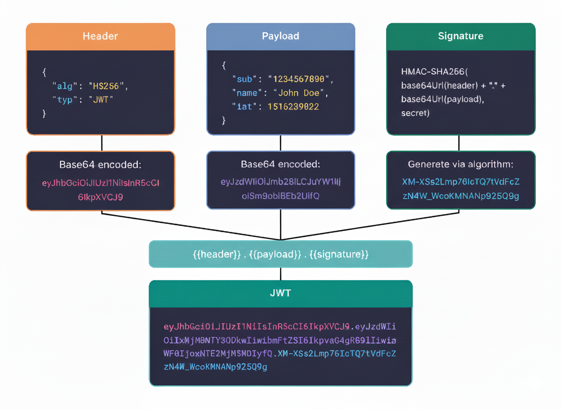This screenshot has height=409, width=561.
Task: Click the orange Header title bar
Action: (100, 36)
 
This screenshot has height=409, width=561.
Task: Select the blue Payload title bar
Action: (280, 36)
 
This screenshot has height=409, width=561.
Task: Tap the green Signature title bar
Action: (461, 36)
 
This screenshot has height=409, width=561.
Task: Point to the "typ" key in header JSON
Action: (64, 100)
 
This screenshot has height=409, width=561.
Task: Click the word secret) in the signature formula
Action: (415, 113)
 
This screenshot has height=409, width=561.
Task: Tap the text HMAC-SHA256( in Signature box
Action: (434, 72)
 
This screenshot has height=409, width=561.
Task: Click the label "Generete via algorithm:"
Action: (461, 164)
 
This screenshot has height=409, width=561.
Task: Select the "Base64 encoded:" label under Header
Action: (100, 165)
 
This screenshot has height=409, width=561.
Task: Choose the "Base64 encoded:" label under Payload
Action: (280, 164)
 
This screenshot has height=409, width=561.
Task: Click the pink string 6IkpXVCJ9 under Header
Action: (100, 197)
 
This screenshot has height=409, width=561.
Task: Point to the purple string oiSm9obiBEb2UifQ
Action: (280, 196)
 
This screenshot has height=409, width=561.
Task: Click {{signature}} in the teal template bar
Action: (339, 254)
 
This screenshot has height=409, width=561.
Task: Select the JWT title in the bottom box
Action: (280, 293)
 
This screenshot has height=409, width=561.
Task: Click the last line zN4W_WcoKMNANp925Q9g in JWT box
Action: (216, 367)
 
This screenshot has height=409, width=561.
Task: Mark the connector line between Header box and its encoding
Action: (102, 143)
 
